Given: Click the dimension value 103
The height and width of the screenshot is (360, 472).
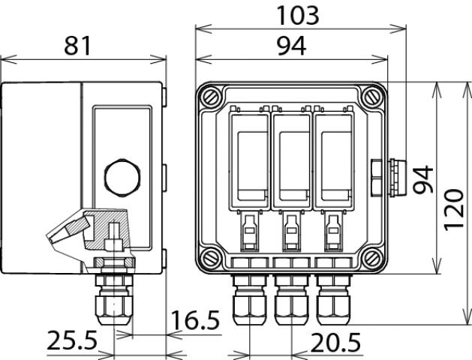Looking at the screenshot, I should pos(297,15).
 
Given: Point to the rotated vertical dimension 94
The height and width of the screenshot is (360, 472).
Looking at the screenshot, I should pos(425,178).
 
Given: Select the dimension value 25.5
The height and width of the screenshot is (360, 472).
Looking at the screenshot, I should pos(72,342).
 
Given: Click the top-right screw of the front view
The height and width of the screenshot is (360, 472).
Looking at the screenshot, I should pos(373,97).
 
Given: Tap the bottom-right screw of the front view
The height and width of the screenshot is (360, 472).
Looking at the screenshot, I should pos(373,260).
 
